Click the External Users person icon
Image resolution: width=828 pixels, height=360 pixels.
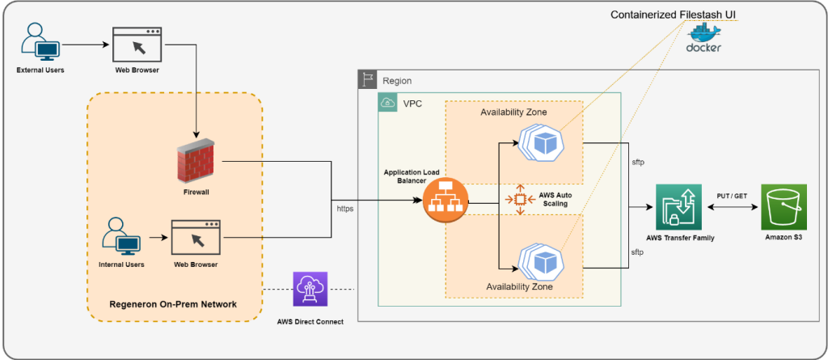tap(40, 41)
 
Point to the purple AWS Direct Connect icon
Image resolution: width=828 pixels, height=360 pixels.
tap(310, 290)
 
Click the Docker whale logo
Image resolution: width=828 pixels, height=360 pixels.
tap(703, 36)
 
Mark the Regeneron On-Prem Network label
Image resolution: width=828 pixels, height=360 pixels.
tap(174, 304)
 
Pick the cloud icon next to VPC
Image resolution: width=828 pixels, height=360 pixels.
tap(388, 103)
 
